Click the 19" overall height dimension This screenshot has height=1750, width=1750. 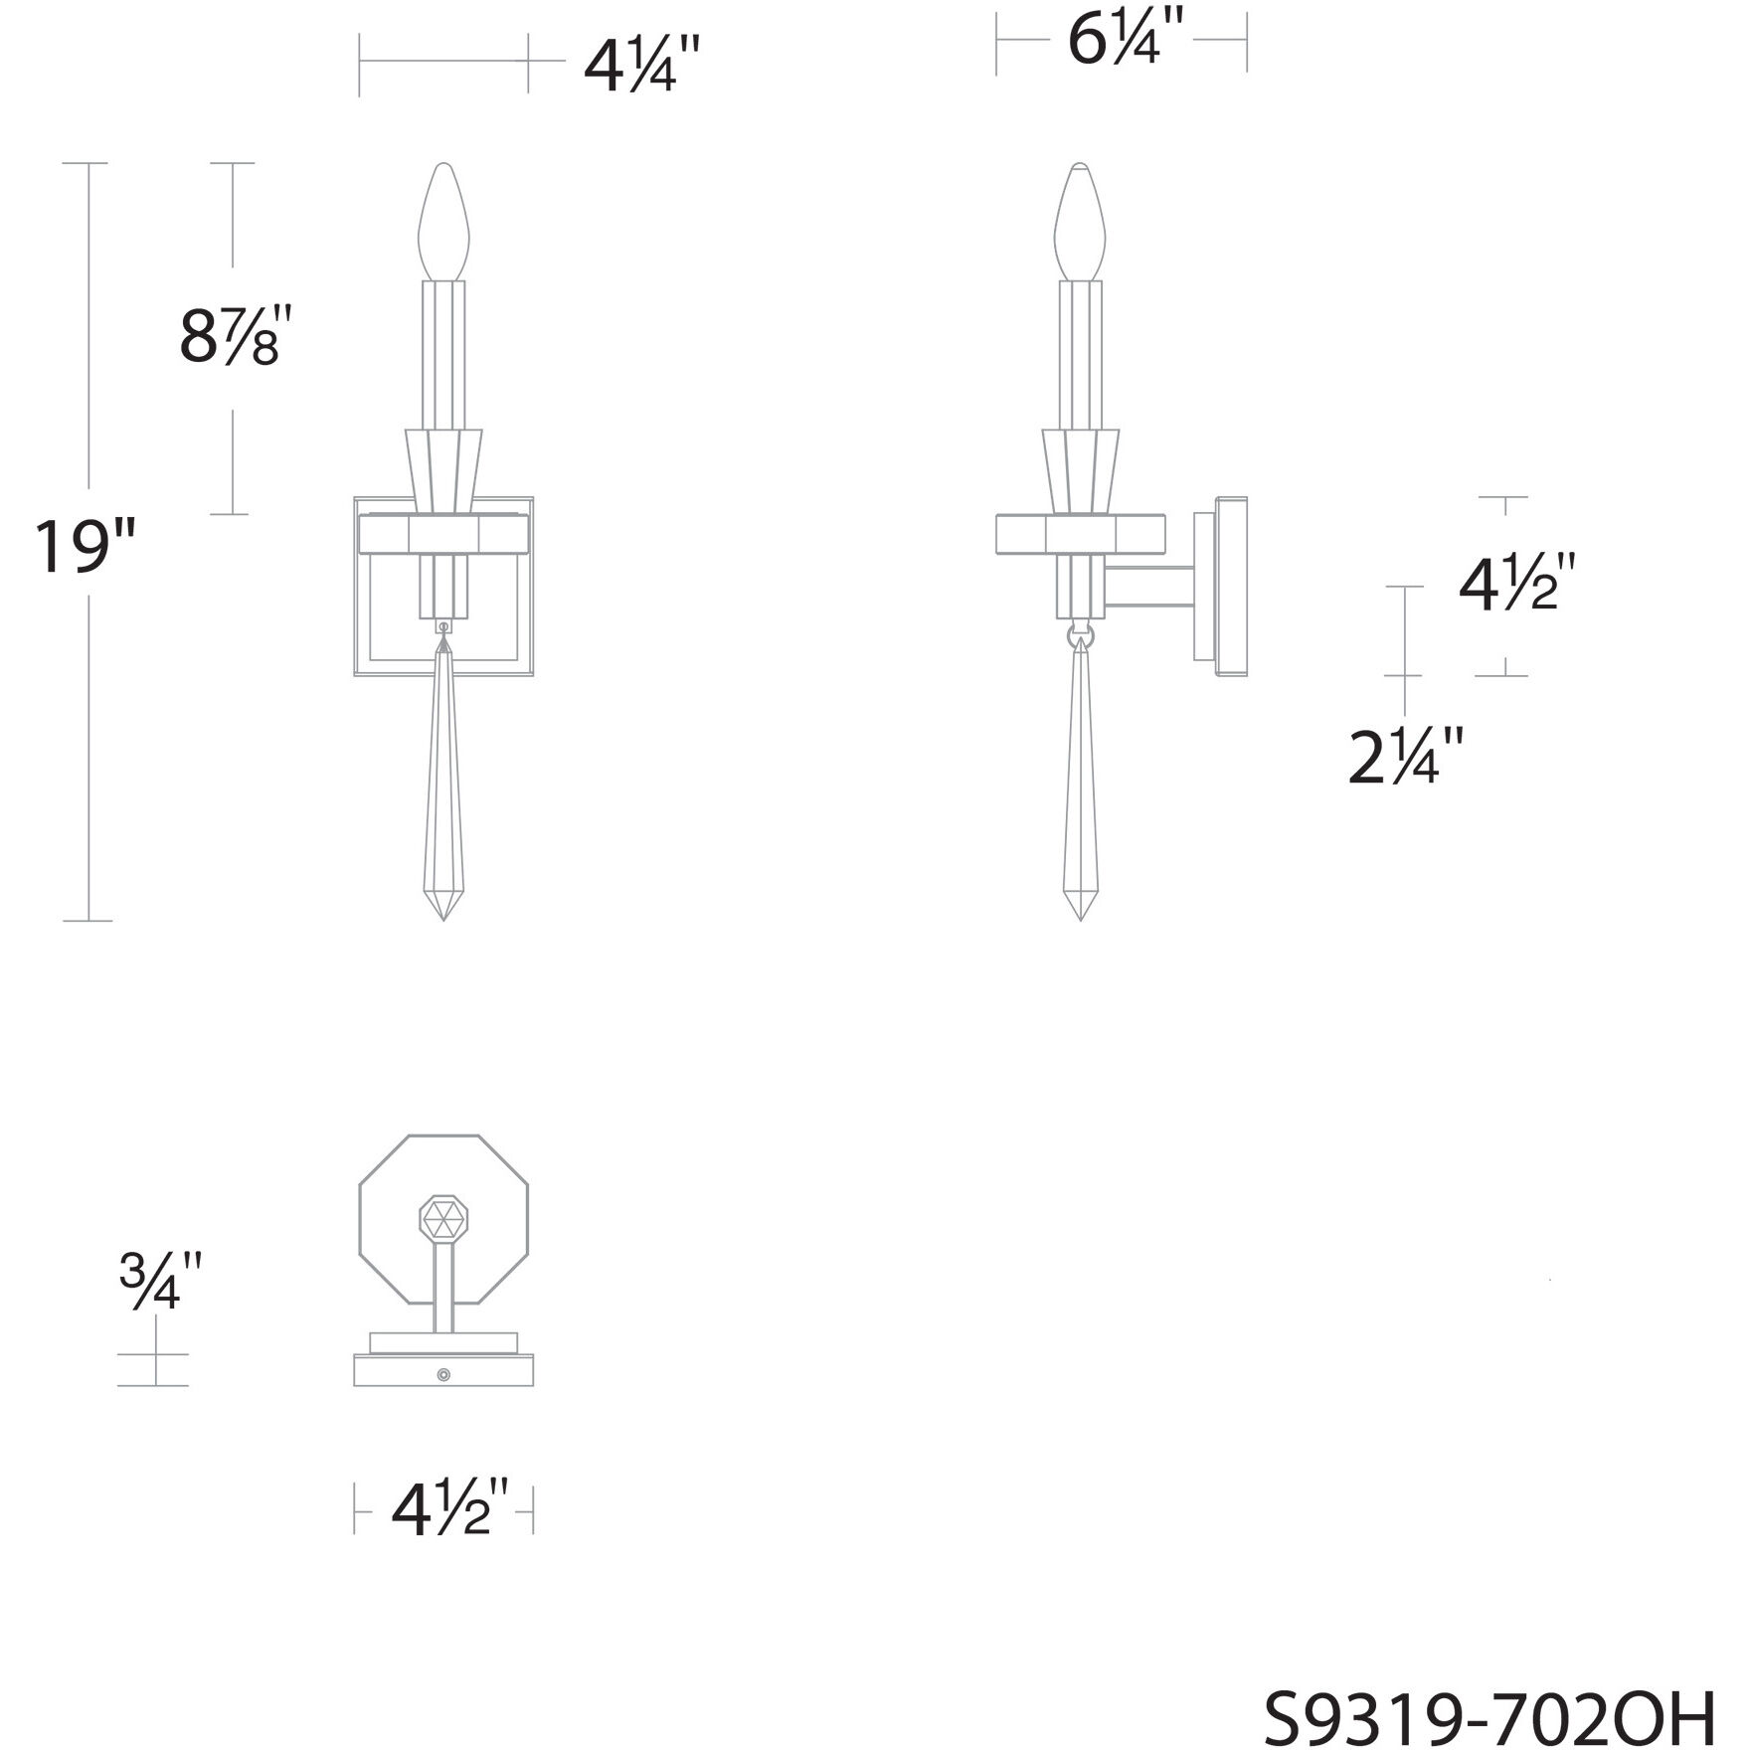point(84,547)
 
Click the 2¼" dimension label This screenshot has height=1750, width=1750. point(1406,757)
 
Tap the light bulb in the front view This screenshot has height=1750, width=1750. point(444,222)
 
